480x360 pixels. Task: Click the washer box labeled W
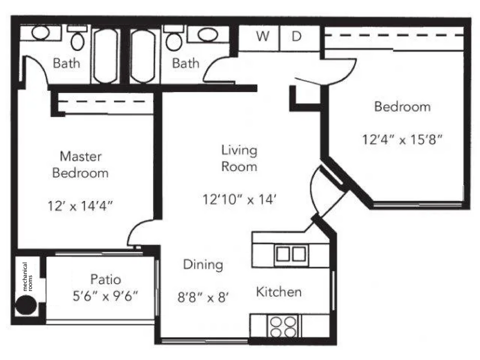click(x=262, y=37)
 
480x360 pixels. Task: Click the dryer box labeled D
click(x=297, y=37)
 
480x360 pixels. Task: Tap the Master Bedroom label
click(x=80, y=165)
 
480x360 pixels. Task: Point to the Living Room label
click(x=239, y=158)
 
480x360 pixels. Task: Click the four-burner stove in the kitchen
click(x=282, y=326)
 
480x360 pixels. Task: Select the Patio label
click(x=105, y=280)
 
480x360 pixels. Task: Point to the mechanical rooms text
click(x=27, y=277)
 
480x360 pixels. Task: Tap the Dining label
click(x=203, y=265)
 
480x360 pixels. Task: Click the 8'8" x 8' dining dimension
click(x=204, y=296)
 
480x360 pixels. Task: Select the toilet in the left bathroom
click(x=78, y=39)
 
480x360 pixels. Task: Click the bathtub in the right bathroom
click(x=143, y=55)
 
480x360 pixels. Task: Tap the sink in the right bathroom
click(x=208, y=35)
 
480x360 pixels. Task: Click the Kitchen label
click(x=279, y=292)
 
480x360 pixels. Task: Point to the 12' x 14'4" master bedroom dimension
click(x=80, y=206)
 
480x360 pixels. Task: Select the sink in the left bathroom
click(x=41, y=33)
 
